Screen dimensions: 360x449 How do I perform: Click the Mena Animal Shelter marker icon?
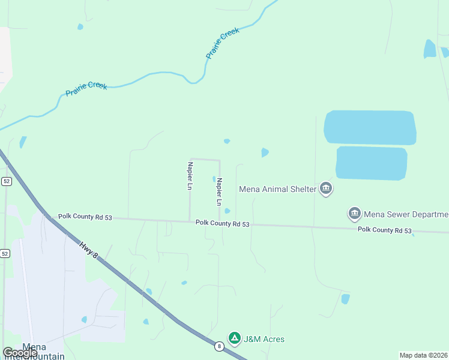click(x=326, y=189)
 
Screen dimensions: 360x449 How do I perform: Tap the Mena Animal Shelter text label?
click(x=277, y=189)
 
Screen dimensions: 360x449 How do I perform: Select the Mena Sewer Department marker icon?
click(x=354, y=214)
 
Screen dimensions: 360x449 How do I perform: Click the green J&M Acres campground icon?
click(x=235, y=339)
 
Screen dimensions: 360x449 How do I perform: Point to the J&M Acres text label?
click(x=264, y=339)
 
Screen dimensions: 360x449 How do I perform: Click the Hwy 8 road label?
click(x=88, y=247)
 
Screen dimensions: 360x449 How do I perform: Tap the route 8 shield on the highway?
click(x=218, y=346)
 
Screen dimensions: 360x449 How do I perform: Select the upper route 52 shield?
click(x=6, y=181)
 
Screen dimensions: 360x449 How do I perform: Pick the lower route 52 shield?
click(x=5, y=254)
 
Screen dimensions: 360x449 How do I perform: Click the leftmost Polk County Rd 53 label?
click(x=85, y=217)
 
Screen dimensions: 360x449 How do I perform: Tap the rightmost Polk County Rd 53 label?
click(x=385, y=230)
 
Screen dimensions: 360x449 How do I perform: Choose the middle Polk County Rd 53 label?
click(x=222, y=223)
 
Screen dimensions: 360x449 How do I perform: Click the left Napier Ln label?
click(x=190, y=176)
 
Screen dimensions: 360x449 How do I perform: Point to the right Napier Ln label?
click(x=220, y=189)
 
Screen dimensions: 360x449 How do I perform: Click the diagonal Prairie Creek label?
click(x=223, y=43)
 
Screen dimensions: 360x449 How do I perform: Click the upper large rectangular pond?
click(x=370, y=127)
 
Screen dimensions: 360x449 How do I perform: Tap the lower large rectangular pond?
click(x=372, y=163)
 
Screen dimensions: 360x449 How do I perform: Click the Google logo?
click(x=20, y=353)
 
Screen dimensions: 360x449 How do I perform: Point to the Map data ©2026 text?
click(x=423, y=355)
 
